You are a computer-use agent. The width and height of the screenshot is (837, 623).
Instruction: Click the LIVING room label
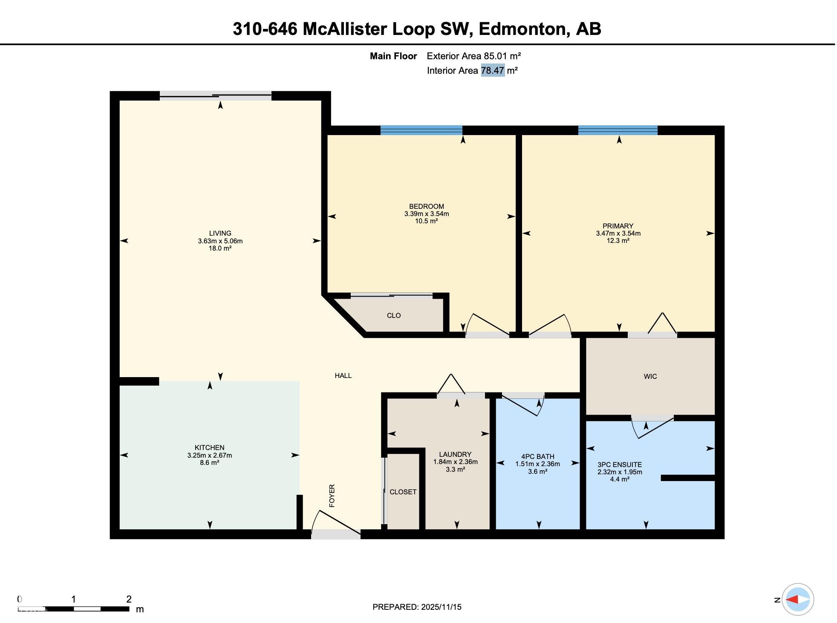(x=220, y=233)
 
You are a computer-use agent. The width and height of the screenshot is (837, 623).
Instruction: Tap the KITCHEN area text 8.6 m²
(x=209, y=462)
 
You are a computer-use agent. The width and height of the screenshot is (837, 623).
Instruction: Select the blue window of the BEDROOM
(x=421, y=130)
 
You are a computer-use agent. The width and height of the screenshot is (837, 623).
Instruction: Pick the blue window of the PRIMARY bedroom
(x=618, y=130)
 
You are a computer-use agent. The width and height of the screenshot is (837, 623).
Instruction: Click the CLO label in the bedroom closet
(x=393, y=315)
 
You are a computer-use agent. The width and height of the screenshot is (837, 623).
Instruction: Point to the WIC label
(x=650, y=376)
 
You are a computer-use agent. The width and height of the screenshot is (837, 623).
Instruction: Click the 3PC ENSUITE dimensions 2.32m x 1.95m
(x=620, y=472)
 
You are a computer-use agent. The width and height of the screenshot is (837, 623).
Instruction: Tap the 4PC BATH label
(x=537, y=456)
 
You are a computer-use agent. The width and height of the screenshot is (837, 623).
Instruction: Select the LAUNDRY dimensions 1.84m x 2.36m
(x=455, y=462)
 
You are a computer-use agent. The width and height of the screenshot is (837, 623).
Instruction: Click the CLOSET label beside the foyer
(x=403, y=492)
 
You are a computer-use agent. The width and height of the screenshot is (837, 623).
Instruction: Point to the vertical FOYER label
(x=332, y=496)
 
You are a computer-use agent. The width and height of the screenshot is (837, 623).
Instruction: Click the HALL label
(x=343, y=375)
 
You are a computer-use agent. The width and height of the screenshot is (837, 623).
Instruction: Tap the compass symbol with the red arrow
(x=798, y=599)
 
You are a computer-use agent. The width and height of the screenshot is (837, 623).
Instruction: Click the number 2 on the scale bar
(x=129, y=599)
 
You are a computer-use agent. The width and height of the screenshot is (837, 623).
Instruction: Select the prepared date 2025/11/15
(x=441, y=607)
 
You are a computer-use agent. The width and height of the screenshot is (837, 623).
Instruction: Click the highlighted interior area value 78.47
(x=493, y=70)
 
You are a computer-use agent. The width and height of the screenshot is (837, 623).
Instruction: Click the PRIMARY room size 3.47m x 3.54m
(x=618, y=233)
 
